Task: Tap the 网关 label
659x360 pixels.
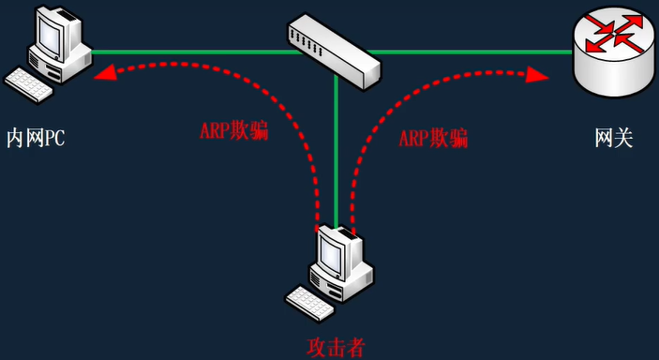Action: [x=614, y=140]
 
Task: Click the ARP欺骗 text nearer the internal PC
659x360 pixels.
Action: [x=233, y=131]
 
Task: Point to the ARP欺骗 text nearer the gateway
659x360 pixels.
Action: [x=433, y=140]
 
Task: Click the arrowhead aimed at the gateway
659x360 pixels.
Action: [x=542, y=75]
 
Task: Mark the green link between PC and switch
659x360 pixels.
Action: [x=187, y=52]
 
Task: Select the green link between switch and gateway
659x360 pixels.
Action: [x=478, y=52]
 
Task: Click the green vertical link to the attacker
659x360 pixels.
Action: [x=336, y=141]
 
